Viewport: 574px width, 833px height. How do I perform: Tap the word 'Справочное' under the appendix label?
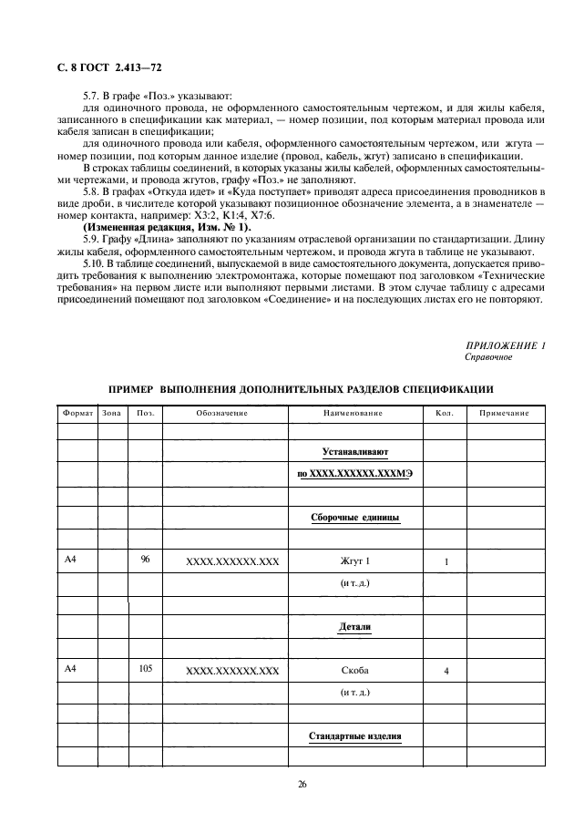click(488, 357)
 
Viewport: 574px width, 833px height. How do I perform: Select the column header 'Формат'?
click(78, 414)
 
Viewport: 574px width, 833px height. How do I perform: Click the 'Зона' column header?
click(113, 414)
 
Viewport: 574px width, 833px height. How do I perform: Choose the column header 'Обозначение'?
click(222, 414)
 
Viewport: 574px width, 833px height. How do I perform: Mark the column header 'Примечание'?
click(498, 414)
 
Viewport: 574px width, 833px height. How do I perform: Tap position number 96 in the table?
click(145, 560)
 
